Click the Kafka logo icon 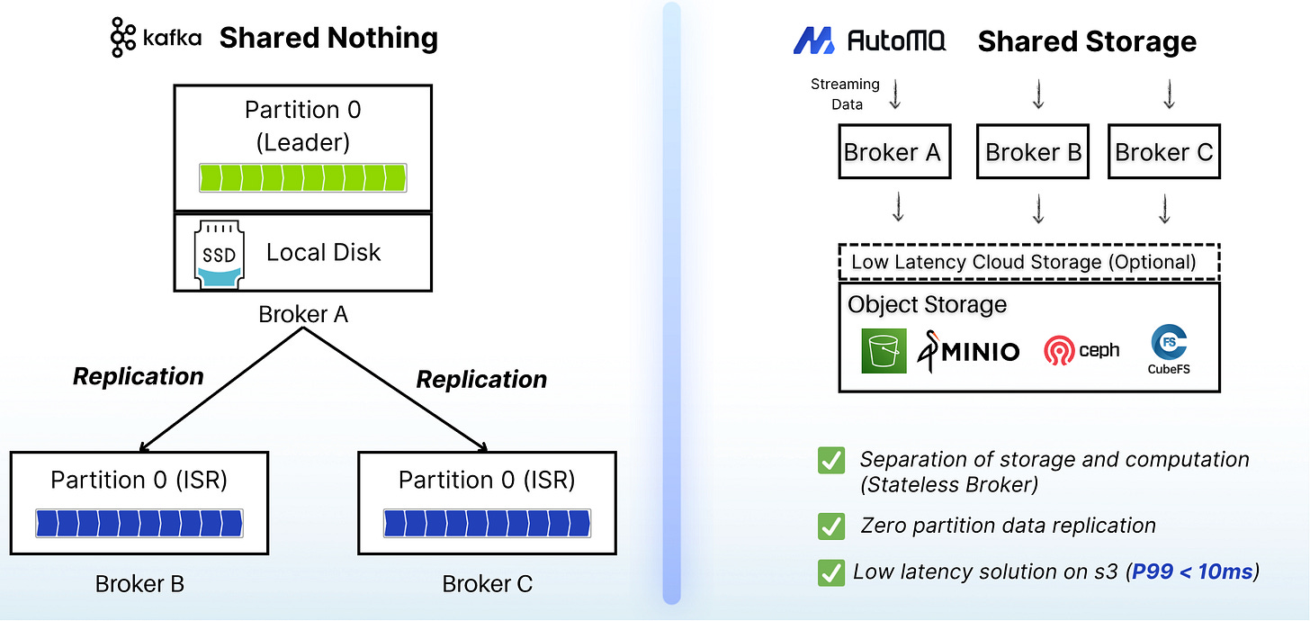122,38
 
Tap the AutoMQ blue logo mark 813,40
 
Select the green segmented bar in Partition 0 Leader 303,178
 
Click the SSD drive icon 220,255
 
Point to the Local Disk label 323,253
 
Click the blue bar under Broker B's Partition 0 139,523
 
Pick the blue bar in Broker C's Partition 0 487,523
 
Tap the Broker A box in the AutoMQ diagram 894,151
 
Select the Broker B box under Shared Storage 1033,151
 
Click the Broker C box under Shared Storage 1164,151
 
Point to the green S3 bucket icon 884,351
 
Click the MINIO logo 968,351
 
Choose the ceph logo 1081,350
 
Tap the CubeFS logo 1169,349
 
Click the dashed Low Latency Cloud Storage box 1029,262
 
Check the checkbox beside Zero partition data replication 831,526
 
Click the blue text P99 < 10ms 1192,571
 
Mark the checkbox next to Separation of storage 831,460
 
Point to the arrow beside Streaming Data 894,94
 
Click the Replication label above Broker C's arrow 481,380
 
